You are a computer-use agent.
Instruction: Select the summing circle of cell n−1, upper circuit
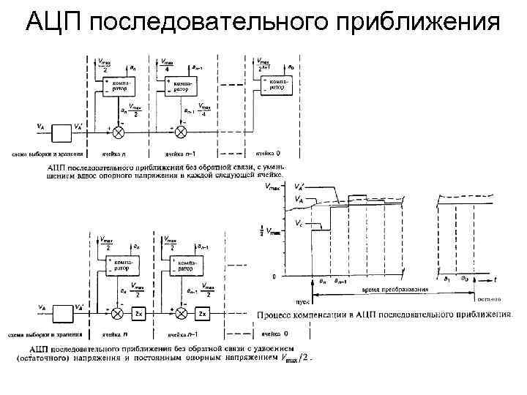(182, 131)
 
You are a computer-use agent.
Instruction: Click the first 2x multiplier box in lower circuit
(140, 314)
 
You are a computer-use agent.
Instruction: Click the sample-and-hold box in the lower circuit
(61, 313)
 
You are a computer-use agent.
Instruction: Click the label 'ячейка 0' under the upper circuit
(267, 154)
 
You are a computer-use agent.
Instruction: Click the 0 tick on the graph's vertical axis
(274, 277)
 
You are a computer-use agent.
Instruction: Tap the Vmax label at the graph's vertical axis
(272, 188)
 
